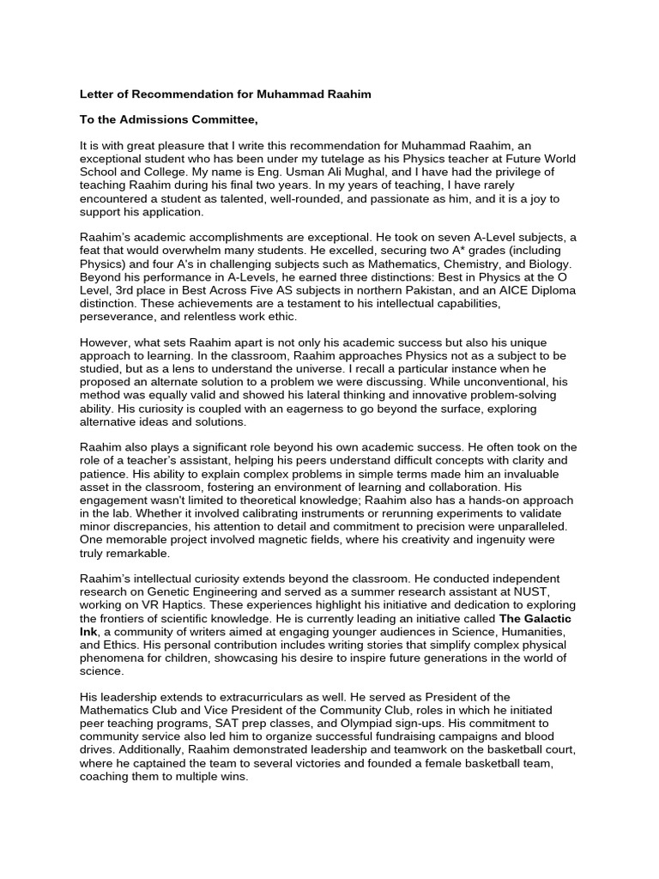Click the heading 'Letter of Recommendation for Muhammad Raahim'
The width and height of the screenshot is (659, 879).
(x=226, y=94)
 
